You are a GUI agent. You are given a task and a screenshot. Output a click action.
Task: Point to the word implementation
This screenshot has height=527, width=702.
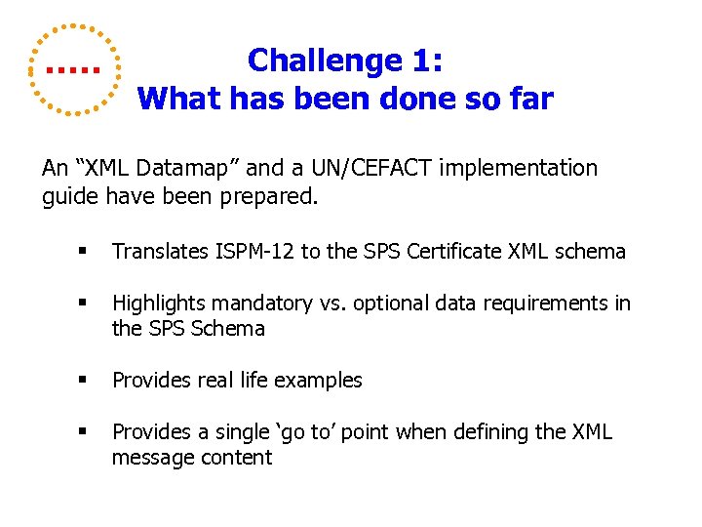tap(518, 168)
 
